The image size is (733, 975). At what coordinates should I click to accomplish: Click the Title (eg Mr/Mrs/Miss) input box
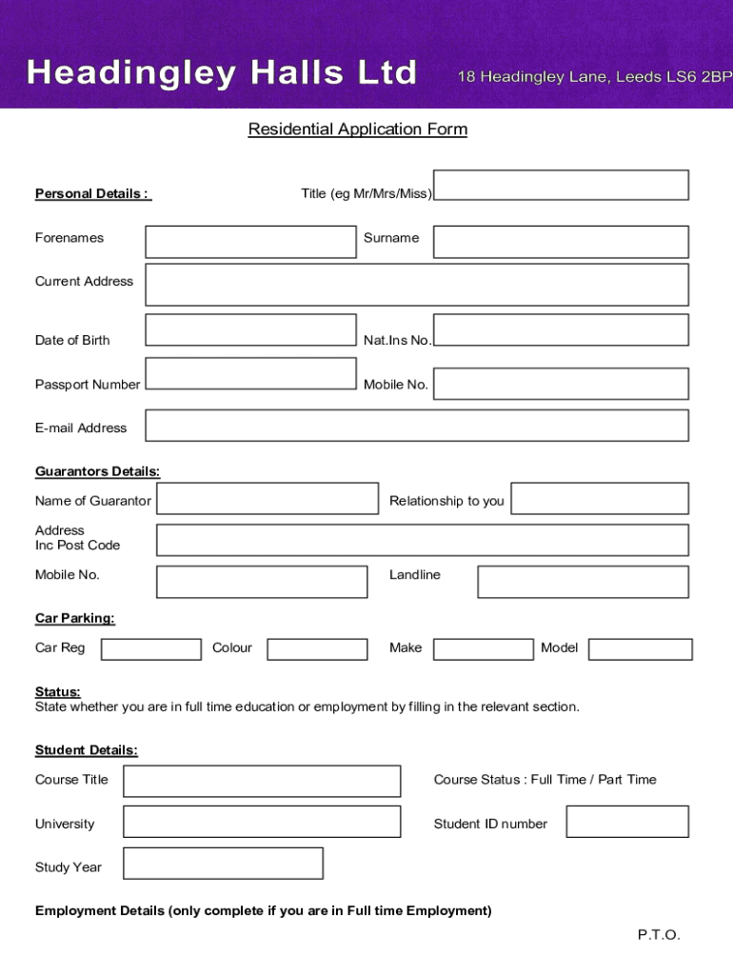point(561,185)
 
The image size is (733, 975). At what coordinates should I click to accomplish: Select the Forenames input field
point(250,242)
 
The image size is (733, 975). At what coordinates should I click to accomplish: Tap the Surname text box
point(561,242)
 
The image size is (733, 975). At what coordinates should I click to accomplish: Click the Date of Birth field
point(250,329)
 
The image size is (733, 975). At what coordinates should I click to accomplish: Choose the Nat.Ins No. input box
point(561,329)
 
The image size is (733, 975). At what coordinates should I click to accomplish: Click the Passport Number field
point(250,373)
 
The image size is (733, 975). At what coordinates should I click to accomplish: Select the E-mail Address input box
point(417,426)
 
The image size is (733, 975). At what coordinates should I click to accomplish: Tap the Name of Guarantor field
point(267,499)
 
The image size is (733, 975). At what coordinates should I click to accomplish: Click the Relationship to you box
point(600,499)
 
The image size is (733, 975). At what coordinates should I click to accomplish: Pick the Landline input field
point(583,582)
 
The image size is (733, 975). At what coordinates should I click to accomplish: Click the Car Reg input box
point(151,649)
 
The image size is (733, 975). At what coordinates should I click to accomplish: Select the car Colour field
point(317,649)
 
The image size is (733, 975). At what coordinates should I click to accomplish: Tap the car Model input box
point(640,649)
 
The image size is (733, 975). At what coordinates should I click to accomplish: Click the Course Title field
point(262,781)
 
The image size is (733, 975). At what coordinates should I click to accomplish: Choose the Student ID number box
point(626,822)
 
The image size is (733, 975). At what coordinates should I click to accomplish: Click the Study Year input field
point(223,863)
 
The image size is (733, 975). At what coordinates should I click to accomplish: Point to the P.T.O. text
point(659,935)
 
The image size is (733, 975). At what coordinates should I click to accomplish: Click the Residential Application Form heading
point(358,129)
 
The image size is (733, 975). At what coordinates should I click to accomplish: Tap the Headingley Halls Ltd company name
point(222,72)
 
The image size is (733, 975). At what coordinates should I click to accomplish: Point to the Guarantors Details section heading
point(97,471)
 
